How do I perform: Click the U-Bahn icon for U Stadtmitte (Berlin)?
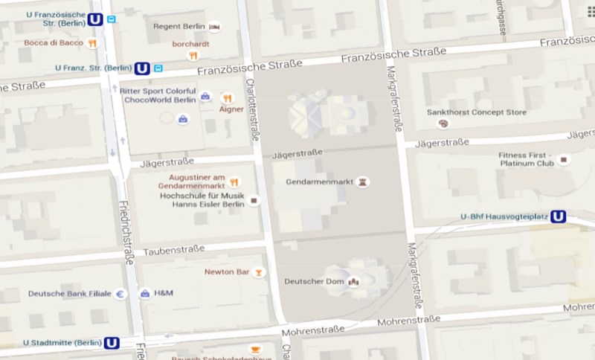[112, 343]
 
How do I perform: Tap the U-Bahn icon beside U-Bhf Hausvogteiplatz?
[558, 216]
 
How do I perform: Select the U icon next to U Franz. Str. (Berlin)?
[142, 68]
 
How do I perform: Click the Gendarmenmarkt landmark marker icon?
[363, 181]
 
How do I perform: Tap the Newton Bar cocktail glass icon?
[258, 272]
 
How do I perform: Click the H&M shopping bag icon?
[145, 294]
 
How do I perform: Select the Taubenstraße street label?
[173, 251]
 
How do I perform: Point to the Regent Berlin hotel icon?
[215, 27]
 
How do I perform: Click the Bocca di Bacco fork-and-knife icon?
[92, 43]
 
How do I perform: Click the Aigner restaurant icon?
[228, 98]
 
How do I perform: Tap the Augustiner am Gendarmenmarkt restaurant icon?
[234, 181]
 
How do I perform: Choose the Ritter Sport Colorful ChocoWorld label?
[158, 94]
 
